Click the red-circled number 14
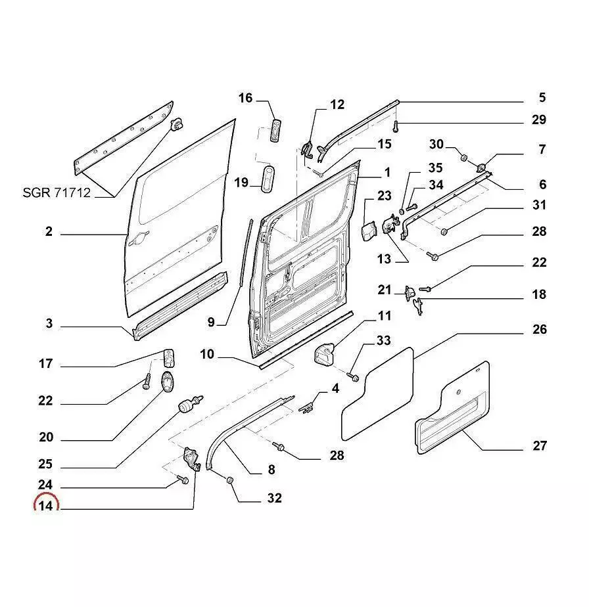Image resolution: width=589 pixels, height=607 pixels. click(45, 506)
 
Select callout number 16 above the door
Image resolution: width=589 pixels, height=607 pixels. click(245, 99)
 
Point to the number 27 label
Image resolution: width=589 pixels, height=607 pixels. click(539, 446)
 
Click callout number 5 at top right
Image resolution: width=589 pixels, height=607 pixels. click(542, 98)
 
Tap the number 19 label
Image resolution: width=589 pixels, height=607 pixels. click(241, 182)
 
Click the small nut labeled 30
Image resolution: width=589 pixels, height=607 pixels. click(463, 158)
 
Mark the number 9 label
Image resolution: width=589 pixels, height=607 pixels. click(211, 322)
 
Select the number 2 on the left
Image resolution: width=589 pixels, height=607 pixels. click(49, 232)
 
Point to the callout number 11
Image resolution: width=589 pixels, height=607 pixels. click(384, 317)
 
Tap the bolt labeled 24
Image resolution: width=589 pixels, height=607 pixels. click(183, 481)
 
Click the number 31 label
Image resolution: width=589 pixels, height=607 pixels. click(539, 206)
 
